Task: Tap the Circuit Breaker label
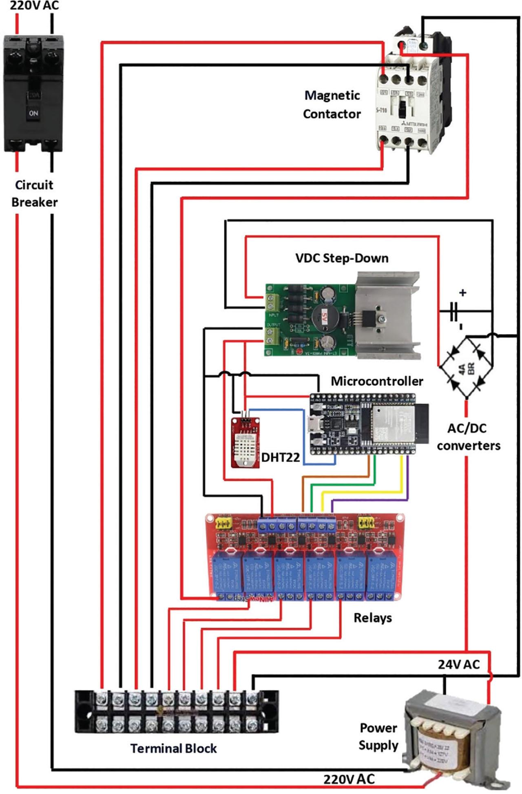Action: pyautogui.click(x=34, y=193)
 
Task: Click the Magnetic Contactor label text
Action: pyautogui.click(x=332, y=104)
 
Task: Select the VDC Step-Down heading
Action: pyautogui.click(x=342, y=258)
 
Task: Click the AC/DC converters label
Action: pyautogui.click(x=468, y=437)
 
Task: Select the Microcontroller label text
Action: pyautogui.click(x=376, y=381)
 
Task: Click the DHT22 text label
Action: pyautogui.click(x=280, y=457)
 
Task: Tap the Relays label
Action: pyautogui.click(x=372, y=618)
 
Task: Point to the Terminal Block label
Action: pyautogui.click(x=173, y=748)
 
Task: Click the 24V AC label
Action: pyautogui.click(x=459, y=665)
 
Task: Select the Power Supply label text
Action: pyautogui.click(x=378, y=736)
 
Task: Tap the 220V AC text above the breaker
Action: pyautogui.click(x=34, y=6)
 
